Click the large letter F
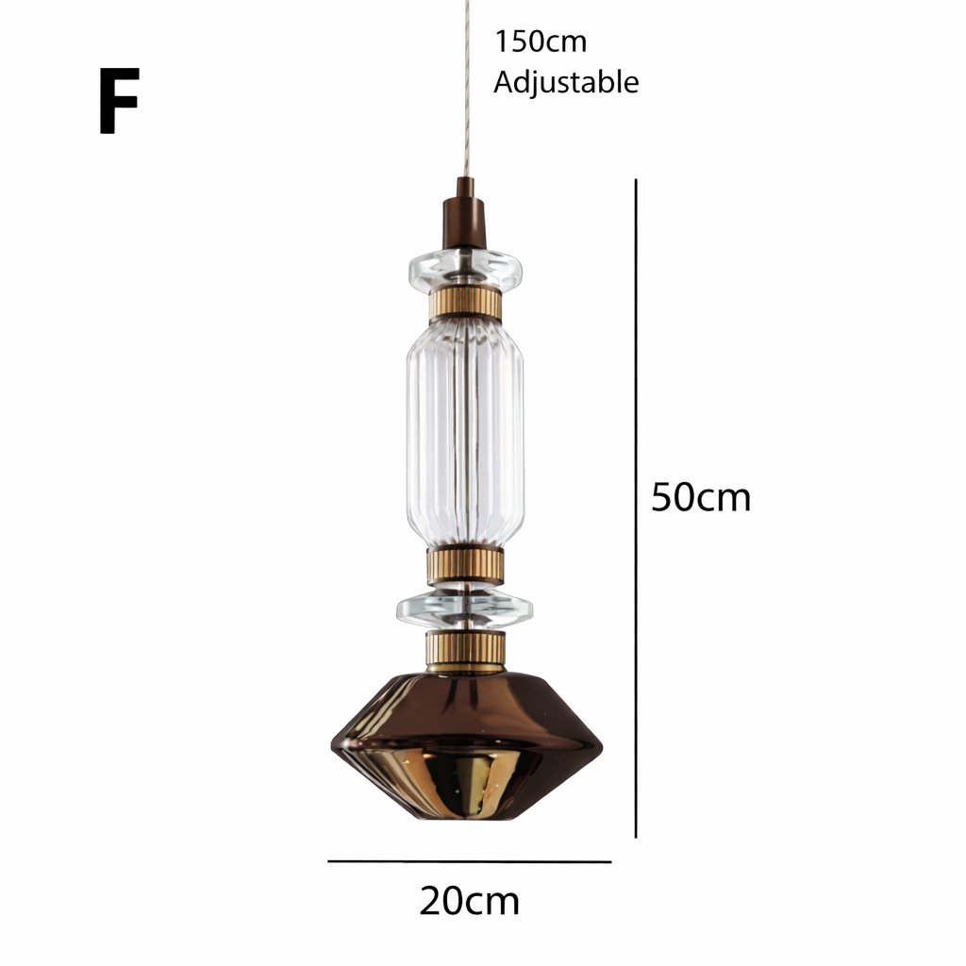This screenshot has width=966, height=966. click(x=119, y=101)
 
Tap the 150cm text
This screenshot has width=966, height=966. click(x=540, y=42)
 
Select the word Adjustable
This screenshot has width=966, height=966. click(x=566, y=82)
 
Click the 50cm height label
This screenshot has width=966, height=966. click(x=701, y=497)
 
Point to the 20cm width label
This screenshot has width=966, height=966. click(x=469, y=901)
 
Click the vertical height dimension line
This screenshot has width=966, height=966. click(x=636, y=509)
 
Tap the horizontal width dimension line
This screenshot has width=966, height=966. click(x=469, y=861)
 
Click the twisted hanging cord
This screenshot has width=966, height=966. click(x=466, y=85)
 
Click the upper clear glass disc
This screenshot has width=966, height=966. click(x=465, y=270)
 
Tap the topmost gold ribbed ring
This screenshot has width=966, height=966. click(x=465, y=305)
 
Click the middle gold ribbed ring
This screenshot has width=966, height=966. click(x=465, y=566)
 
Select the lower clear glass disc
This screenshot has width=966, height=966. click(x=464, y=608)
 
